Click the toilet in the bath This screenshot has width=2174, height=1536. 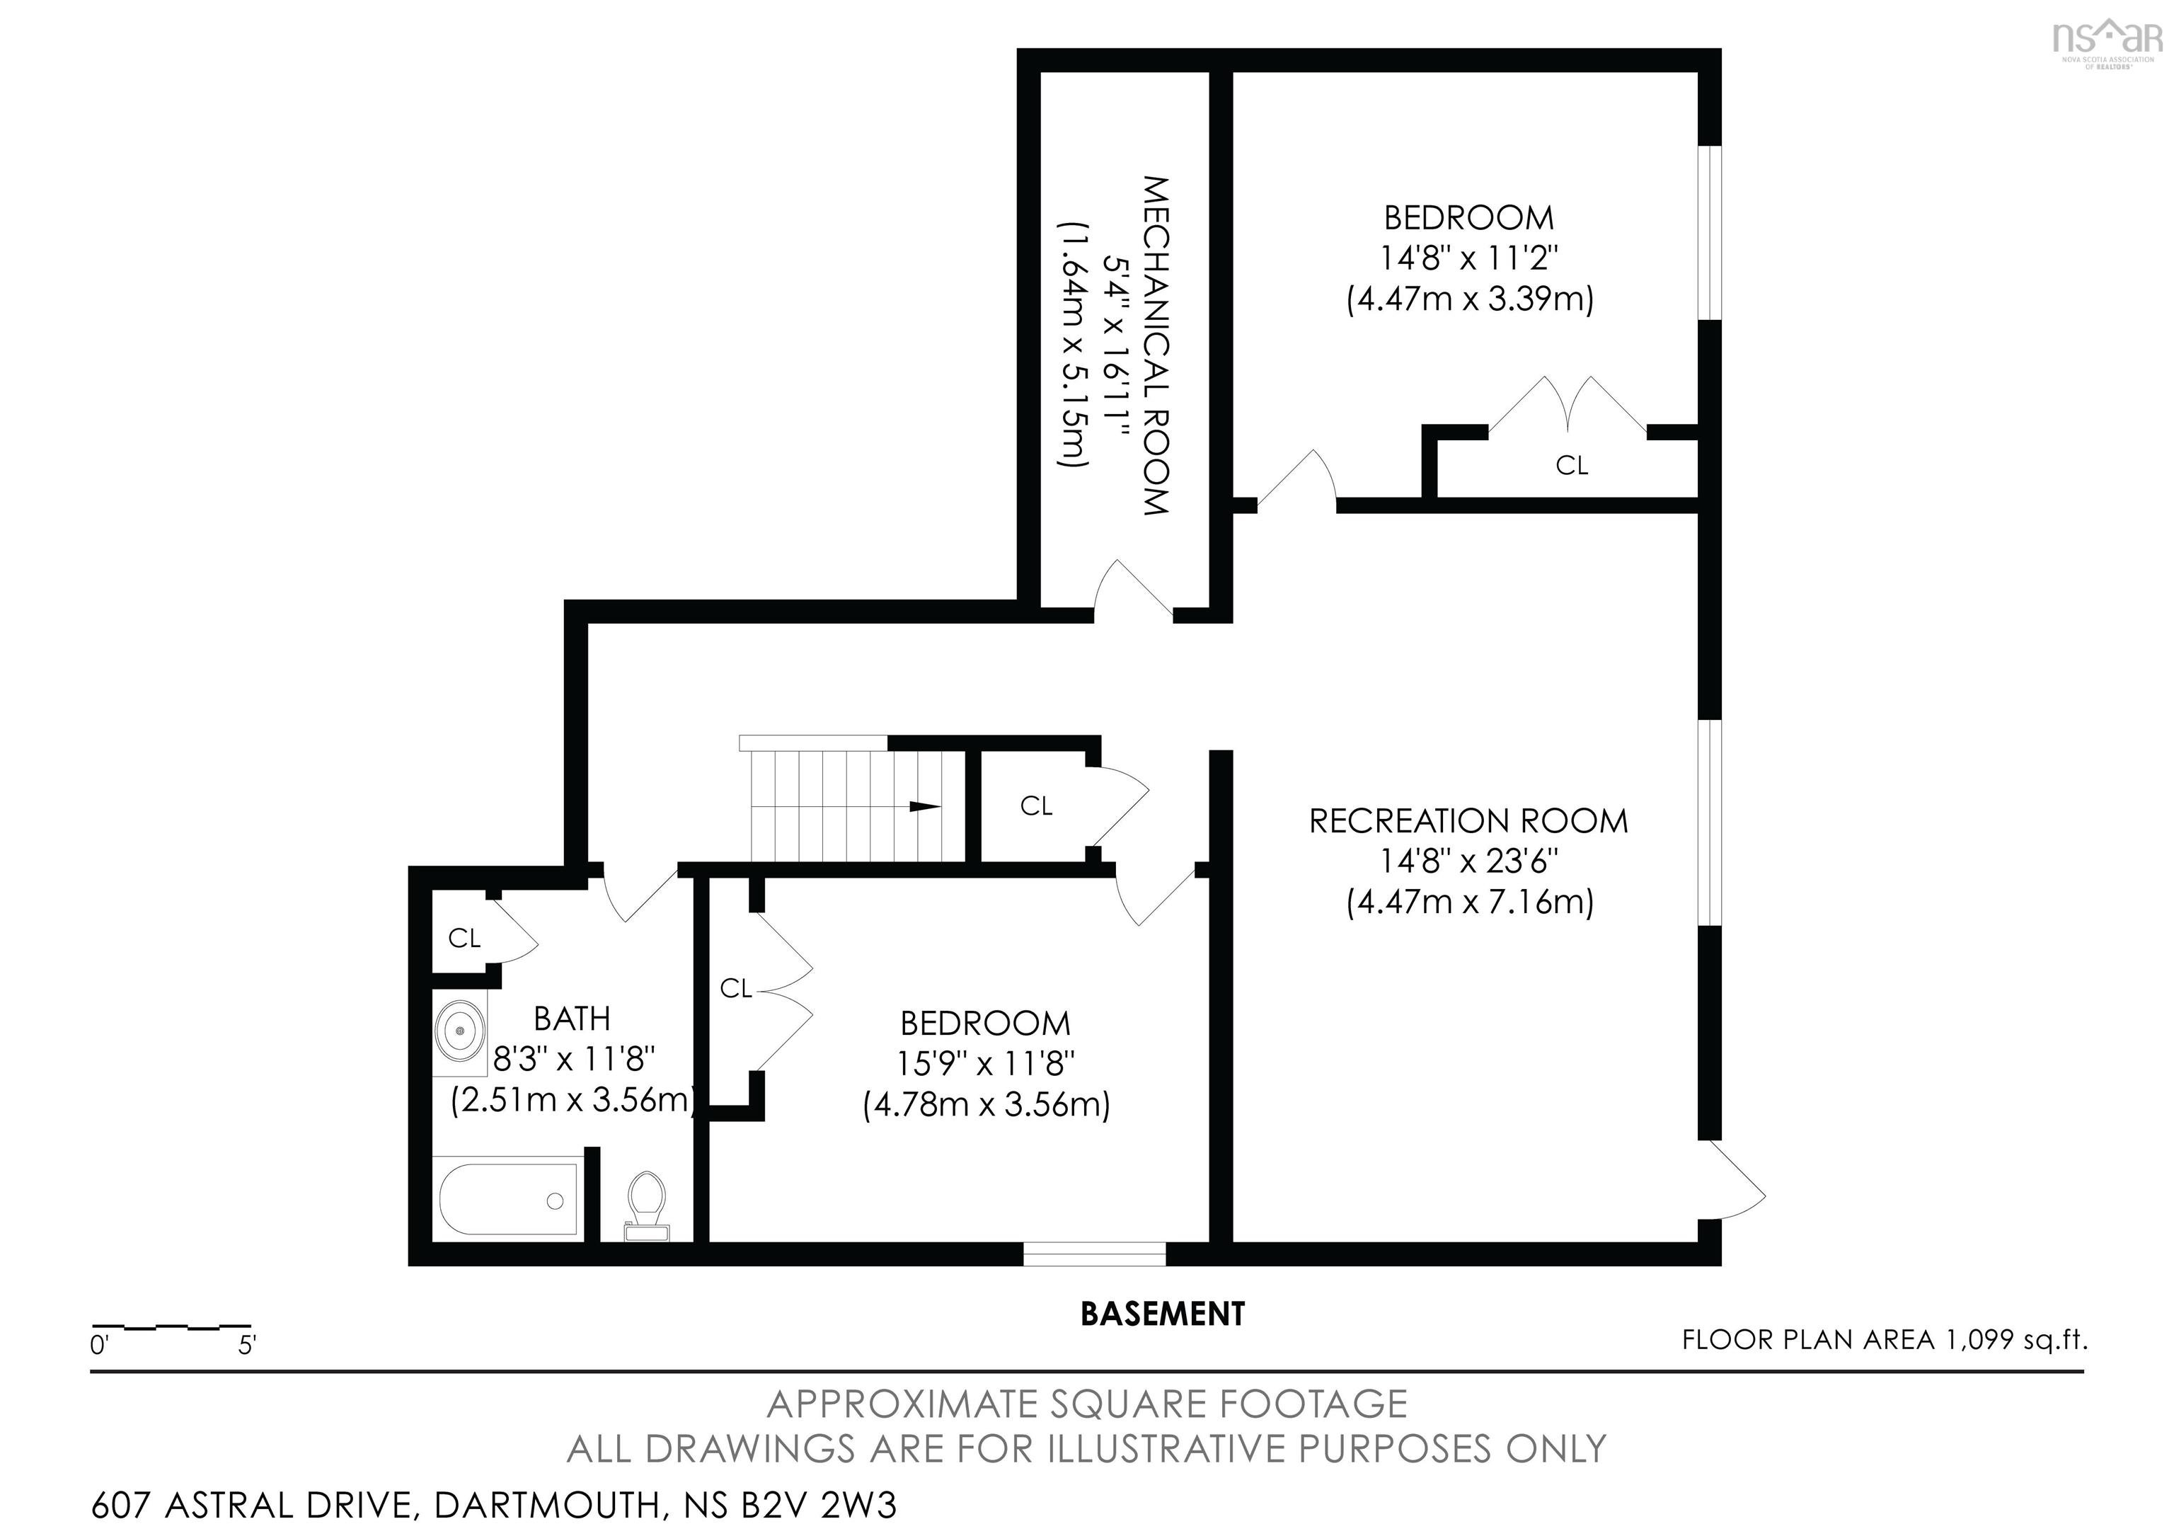click(648, 1205)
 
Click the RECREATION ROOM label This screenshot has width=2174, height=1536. click(1468, 821)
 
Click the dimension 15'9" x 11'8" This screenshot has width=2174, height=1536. click(986, 1065)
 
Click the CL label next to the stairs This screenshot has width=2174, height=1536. click(1036, 806)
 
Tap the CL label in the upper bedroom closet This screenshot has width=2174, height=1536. click(1572, 465)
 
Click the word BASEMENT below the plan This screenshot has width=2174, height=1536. click(1163, 1314)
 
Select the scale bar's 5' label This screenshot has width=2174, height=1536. click(247, 1345)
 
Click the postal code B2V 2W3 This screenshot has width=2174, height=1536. click(818, 1505)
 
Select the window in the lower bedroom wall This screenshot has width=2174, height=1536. click(1095, 1253)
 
